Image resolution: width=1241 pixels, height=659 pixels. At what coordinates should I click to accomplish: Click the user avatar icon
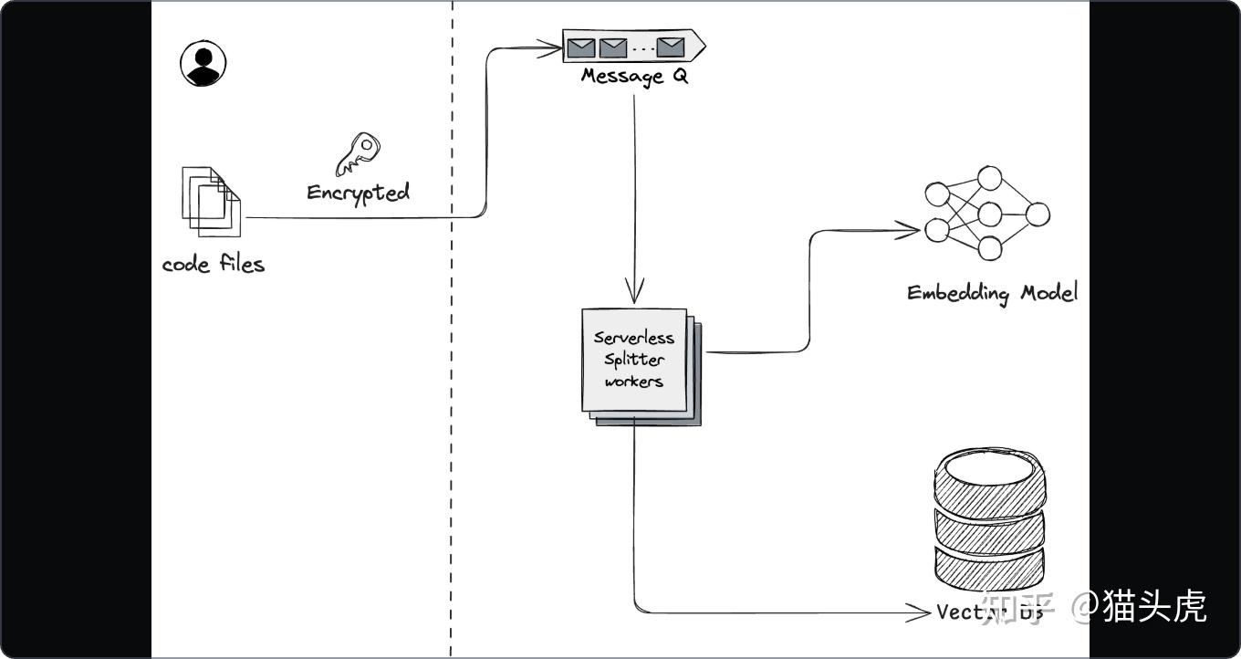203,64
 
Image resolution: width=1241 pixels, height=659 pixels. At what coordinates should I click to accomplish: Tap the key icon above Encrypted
357,154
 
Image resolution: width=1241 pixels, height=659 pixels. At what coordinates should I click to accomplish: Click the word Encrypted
358,193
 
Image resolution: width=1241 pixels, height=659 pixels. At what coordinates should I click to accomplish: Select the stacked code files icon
211,201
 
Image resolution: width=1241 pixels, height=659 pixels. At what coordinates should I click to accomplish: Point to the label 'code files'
213,265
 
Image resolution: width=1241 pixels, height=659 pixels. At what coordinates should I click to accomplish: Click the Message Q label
634,76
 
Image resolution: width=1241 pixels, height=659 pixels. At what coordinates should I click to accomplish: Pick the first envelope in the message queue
579,46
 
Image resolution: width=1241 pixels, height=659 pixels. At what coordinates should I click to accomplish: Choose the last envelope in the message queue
671,46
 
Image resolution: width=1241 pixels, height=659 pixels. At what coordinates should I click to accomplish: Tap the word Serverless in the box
634,338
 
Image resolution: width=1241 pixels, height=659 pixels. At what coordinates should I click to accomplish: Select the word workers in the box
634,382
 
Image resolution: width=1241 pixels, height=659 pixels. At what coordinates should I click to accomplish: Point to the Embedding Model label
992,293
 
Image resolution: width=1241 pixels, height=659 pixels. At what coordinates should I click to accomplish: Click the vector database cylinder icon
989,520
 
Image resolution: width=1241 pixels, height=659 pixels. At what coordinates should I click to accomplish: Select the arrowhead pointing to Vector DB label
921,612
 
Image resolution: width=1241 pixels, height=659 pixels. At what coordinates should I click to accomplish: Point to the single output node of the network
1038,215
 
